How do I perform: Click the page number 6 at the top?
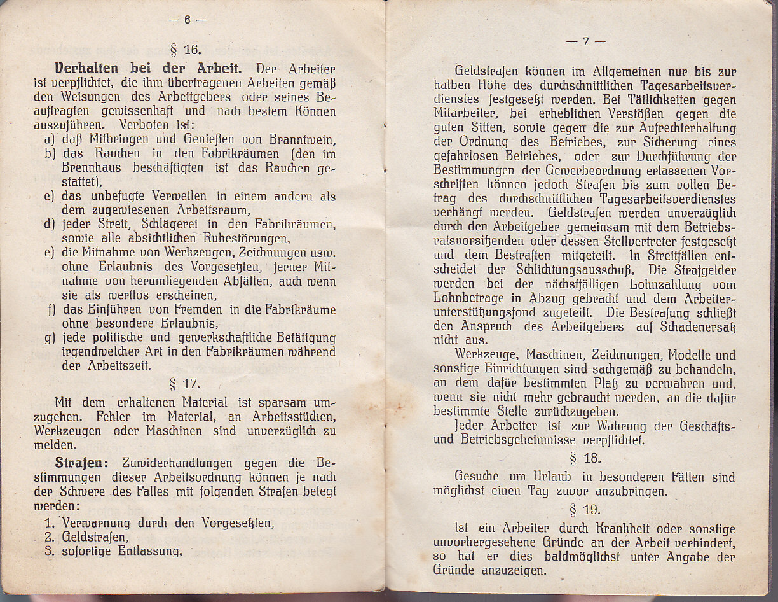coord(188,19)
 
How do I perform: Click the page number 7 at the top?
coord(585,41)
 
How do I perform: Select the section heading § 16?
coord(186,50)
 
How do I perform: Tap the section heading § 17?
coord(186,384)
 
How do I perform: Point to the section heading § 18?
coord(585,458)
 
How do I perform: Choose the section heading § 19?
coord(585,510)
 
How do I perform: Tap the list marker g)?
coord(50,337)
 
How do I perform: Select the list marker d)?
coord(50,225)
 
